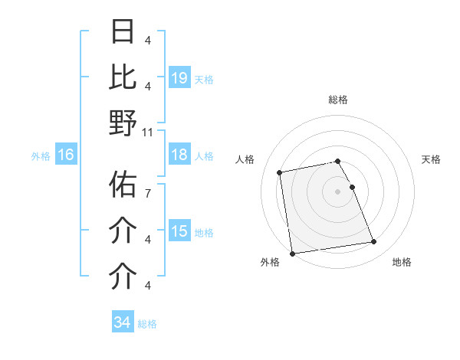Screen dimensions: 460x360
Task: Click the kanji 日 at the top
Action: coord(123,31)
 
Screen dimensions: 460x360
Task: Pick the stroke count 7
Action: coord(148,186)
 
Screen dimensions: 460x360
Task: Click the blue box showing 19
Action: coord(179,78)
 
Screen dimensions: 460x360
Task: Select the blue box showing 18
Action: coord(179,155)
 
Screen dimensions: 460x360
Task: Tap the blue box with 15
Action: coord(179,231)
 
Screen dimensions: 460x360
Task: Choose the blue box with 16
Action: coord(66,155)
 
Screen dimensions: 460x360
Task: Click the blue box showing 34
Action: coord(122,322)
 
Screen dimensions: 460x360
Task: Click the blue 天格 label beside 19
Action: coord(204,79)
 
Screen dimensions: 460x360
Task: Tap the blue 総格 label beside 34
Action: coord(147,324)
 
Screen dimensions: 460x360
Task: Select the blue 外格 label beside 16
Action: coord(41,155)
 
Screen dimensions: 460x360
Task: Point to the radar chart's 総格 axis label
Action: coord(338,100)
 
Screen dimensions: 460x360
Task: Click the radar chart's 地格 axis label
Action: coord(402,262)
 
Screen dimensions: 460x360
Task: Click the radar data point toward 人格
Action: coord(281,172)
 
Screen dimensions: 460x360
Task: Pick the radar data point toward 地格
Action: coord(373,242)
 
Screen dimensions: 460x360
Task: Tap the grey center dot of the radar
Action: coord(338,191)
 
